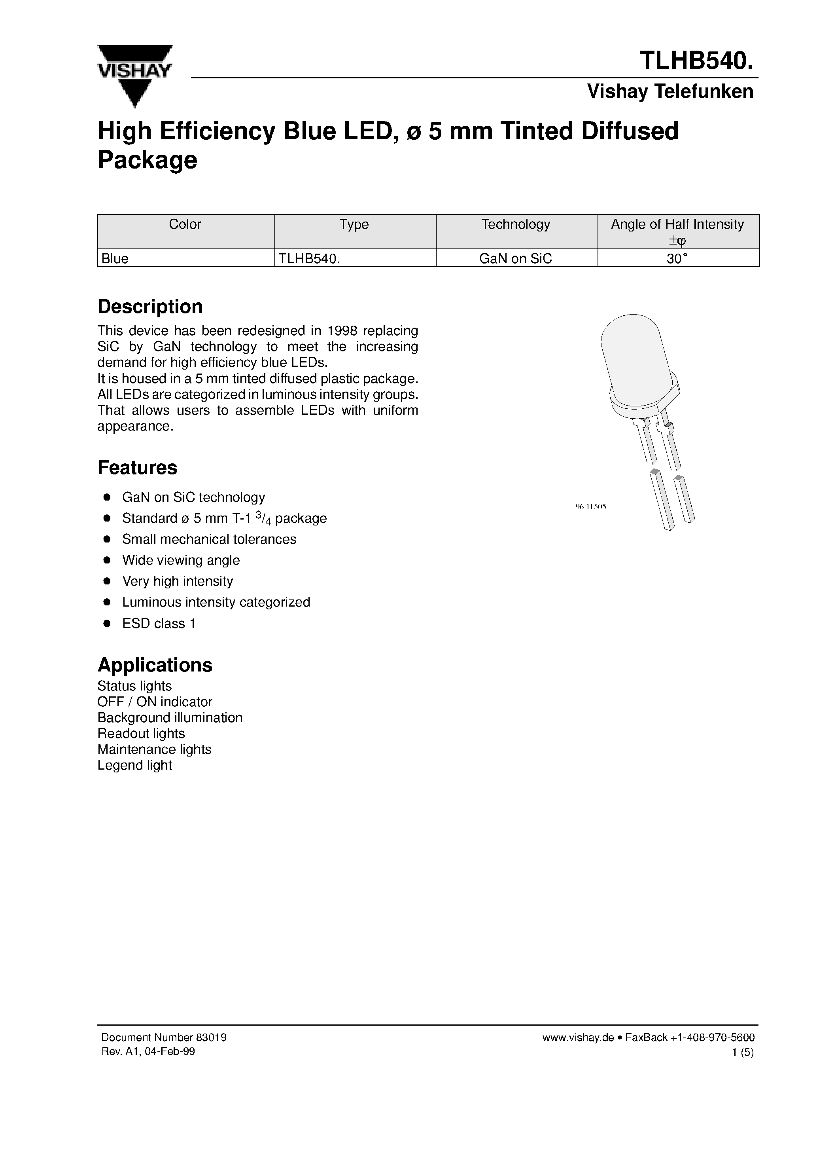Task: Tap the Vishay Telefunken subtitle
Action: click(670, 91)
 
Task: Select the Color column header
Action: click(185, 225)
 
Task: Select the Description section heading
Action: click(150, 306)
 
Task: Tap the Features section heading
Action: click(137, 468)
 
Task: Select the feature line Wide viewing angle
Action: click(181, 560)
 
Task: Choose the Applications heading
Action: click(155, 665)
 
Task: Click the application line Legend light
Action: click(134, 765)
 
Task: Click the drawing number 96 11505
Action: click(590, 507)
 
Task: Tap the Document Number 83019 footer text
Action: click(164, 1038)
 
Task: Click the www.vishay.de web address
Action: click(578, 1038)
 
